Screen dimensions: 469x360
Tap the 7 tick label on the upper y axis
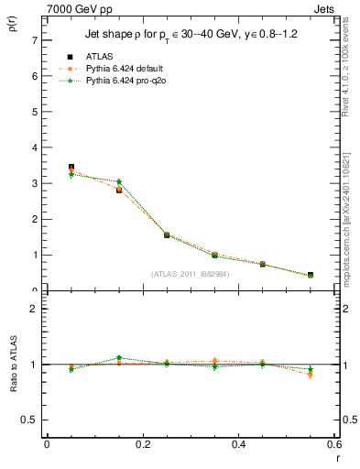pos(34,40)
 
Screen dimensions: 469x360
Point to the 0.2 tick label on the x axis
pos(142,444)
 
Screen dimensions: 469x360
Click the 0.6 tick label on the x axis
pos(334,444)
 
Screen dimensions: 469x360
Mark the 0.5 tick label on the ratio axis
pos(29,420)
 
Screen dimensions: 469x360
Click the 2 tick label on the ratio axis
pos(34,309)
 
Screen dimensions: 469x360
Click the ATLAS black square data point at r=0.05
pos(71,168)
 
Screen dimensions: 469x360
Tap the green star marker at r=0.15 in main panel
pos(119,182)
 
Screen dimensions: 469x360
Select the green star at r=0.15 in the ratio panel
pos(119,358)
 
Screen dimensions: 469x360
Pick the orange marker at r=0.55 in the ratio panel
pos(311,375)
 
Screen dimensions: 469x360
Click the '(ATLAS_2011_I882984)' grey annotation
pos(190,273)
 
